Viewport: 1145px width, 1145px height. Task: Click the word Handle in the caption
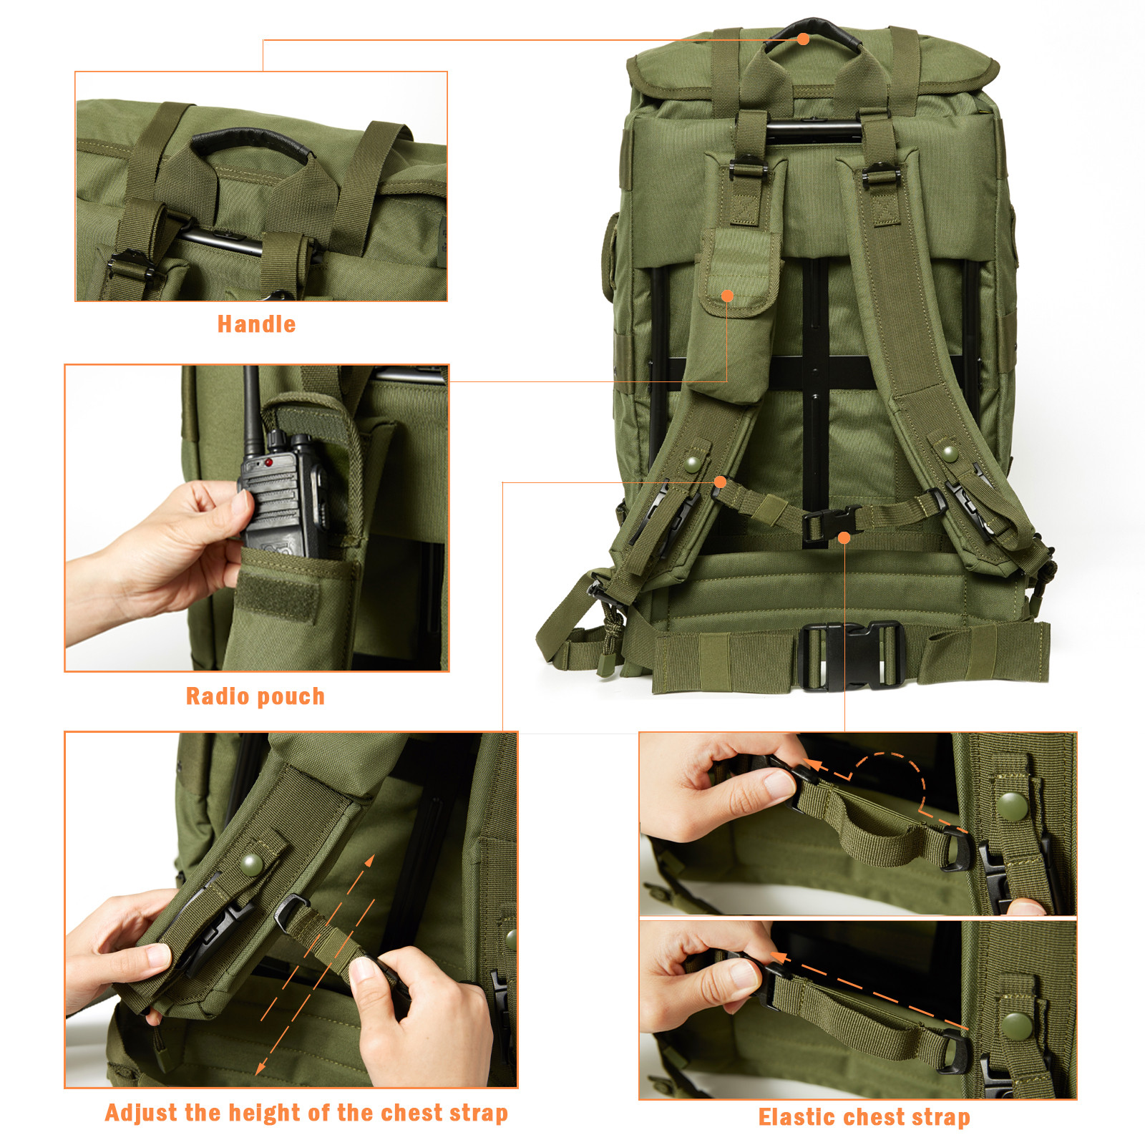256,324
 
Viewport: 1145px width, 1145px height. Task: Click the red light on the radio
268,463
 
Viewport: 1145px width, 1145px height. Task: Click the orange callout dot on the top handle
804,39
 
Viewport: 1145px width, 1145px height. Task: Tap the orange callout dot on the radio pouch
727,296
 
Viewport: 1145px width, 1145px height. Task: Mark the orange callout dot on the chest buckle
844,537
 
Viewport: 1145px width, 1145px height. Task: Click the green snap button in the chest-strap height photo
252,864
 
